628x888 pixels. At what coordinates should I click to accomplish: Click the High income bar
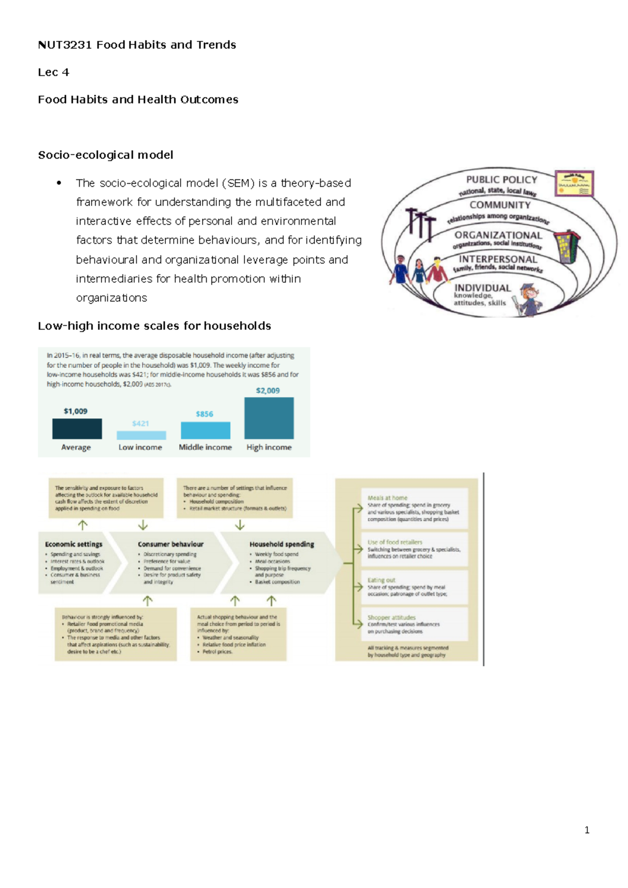click(269, 418)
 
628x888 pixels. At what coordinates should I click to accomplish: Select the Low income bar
click(141, 435)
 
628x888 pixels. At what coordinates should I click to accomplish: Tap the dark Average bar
click(77, 428)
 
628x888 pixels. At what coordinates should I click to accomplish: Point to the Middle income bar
click(205, 430)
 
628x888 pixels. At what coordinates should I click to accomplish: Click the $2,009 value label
click(267, 391)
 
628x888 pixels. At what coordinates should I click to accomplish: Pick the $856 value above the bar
click(204, 414)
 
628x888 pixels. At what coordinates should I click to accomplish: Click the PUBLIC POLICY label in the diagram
click(501, 180)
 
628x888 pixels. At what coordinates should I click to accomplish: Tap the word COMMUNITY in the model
click(500, 205)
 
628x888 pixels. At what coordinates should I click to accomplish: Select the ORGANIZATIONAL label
click(498, 235)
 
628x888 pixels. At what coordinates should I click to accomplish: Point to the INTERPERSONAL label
click(498, 259)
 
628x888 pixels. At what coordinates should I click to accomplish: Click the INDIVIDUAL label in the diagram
click(483, 288)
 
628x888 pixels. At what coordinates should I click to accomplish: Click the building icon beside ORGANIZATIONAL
click(567, 246)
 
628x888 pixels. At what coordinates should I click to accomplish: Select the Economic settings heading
click(74, 544)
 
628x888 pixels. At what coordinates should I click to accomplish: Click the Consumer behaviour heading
click(171, 544)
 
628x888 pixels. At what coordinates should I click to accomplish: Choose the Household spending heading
click(282, 544)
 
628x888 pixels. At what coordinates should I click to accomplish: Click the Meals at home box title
click(387, 498)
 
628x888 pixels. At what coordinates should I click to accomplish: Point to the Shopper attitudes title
click(391, 618)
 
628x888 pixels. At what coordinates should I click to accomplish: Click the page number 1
click(587, 830)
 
